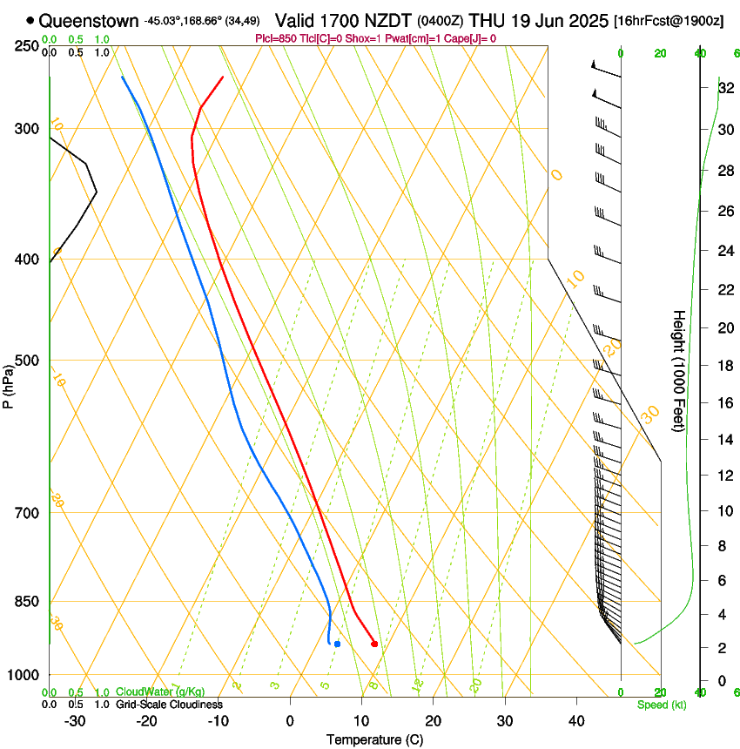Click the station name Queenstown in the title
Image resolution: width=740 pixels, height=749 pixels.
[x=89, y=20]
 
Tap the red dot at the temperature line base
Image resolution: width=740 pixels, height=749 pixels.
[x=374, y=644]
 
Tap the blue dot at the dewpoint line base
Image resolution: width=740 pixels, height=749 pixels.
[x=337, y=644]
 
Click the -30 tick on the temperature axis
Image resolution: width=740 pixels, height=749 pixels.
[x=75, y=720]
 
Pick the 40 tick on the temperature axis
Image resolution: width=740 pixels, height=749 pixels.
[x=576, y=720]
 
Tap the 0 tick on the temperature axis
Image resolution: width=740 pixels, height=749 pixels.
[x=291, y=720]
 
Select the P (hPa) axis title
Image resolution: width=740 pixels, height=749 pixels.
[x=9, y=382]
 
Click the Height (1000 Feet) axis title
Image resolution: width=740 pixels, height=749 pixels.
[x=679, y=371]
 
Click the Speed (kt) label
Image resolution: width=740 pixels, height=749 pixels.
[x=661, y=705]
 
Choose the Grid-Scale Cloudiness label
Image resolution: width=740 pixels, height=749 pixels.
[x=169, y=705]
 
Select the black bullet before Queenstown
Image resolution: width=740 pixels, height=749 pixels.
[x=30, y=20]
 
